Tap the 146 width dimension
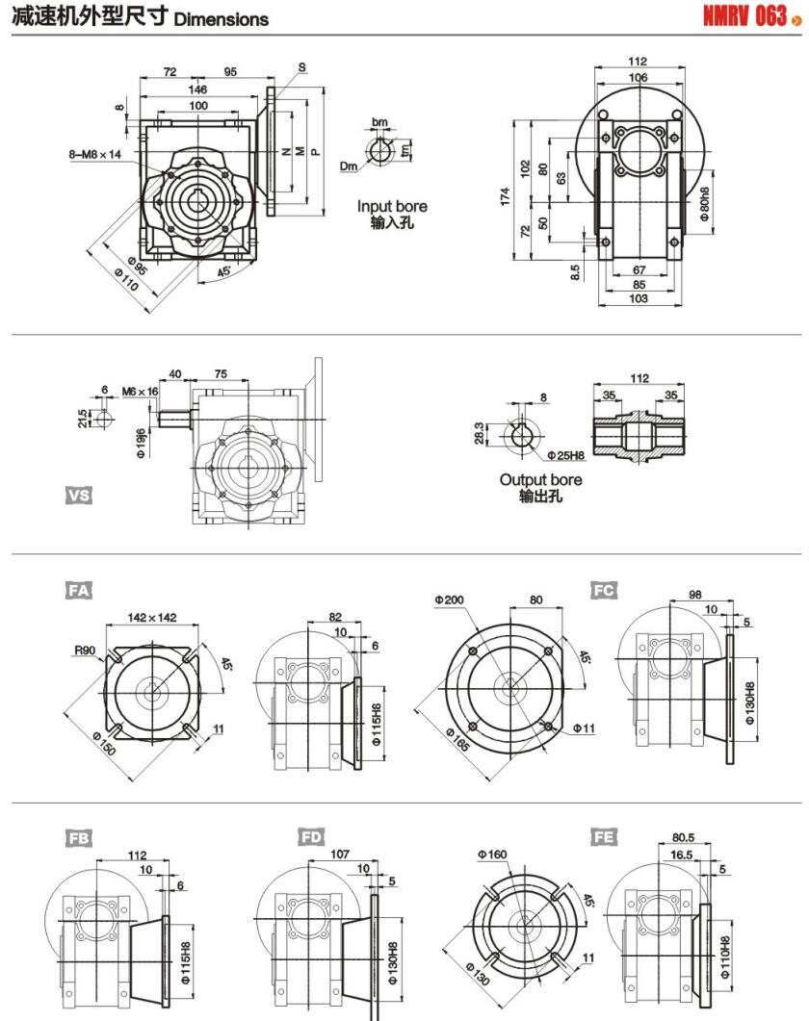[197, 89]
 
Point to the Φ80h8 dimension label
[704, 204]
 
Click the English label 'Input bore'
[392, 206]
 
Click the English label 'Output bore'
[540, 479]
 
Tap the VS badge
[79, 495]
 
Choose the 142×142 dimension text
[152, 618]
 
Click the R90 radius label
[85, 651]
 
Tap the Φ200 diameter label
[449, 600]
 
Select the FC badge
[604, 590]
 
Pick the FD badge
[311, 837]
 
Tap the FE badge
[604, 837]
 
